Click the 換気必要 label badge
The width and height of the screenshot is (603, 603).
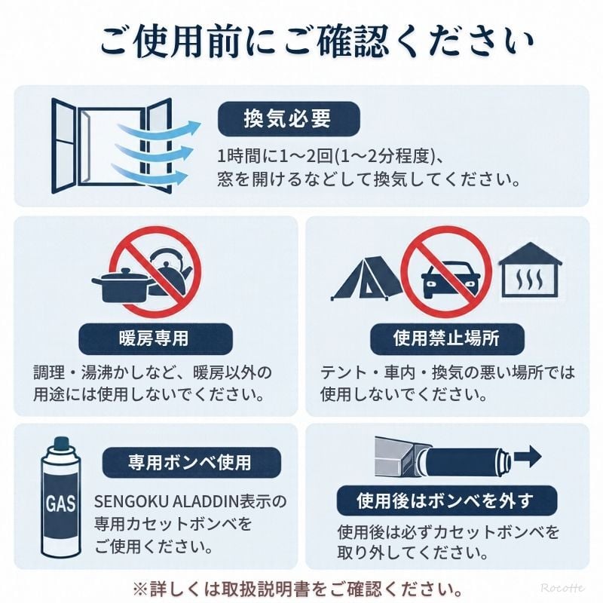tap(289, 119)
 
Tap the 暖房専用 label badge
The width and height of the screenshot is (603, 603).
tap(155, 338)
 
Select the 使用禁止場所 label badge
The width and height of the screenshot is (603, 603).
tap(447, 338)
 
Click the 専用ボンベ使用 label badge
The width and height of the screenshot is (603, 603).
tap(191, 462)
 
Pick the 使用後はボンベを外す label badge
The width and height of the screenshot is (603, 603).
tap(447, 500)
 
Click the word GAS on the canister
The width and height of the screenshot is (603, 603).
tap(60, 503)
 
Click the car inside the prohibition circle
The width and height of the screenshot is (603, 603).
tap(450, 280)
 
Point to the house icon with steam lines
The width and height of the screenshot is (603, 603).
tap(531, 270)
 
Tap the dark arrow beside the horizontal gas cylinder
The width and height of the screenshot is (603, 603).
tap(528, 456)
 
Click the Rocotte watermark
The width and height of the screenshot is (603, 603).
tap(562, 588)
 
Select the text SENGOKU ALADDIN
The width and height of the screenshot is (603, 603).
tap(167, 501)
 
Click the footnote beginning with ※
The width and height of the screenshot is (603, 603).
tap(298, 589)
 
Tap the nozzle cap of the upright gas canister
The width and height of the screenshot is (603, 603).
tap(61, 443)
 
